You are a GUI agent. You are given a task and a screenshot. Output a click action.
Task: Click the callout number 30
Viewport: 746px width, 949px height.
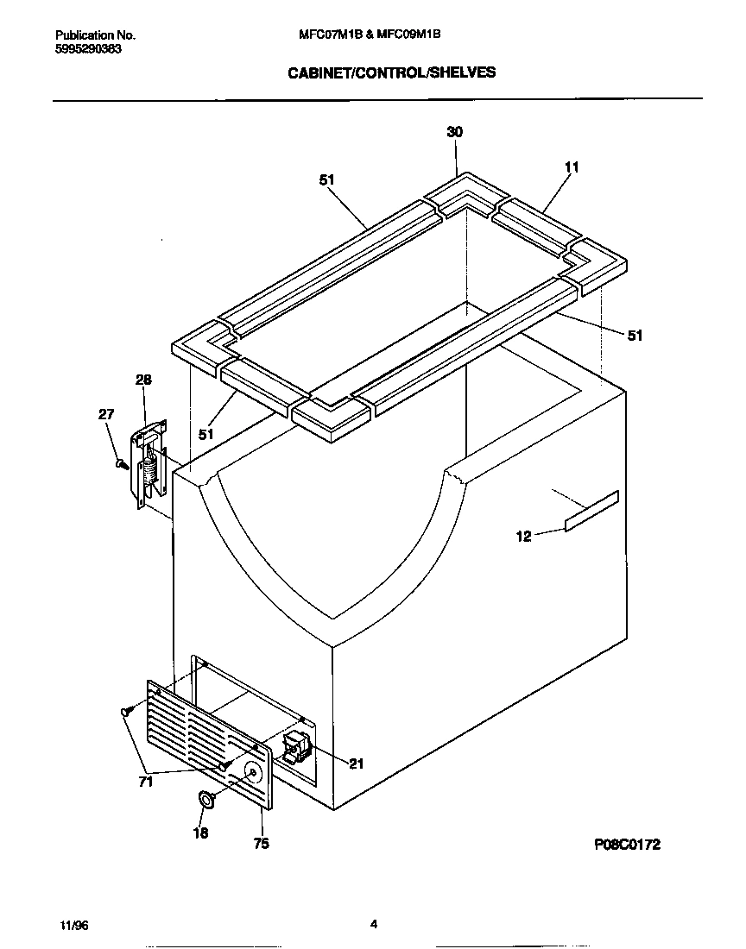click(454, 132)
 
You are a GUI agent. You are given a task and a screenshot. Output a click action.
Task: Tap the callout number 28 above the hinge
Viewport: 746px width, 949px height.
click(143, 380)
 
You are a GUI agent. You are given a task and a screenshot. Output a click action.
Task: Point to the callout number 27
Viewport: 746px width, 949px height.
click(106, 414)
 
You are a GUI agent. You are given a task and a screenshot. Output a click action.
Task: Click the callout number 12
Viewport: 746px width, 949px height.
click(523, 537)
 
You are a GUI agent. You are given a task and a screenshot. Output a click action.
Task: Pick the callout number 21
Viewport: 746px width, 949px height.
click(357, 763)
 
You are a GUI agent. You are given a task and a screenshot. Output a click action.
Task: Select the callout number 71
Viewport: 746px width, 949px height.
click(145, 782)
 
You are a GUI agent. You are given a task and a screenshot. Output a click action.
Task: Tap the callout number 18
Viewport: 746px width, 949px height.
click(200, 833)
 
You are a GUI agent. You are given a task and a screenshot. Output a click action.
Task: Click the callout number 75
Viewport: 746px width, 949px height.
click(261, 844)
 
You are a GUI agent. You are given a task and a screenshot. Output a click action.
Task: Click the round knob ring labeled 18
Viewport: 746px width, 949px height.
click(207, 799)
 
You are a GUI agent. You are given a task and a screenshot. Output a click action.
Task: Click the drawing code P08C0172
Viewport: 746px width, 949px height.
click(627, 845)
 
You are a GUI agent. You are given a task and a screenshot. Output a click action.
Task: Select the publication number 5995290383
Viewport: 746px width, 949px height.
click(88, 49)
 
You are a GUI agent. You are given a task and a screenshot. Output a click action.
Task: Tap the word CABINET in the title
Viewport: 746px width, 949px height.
click(316, 73)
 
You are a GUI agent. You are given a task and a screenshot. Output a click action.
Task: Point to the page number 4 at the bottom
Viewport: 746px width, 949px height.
click(374, 924)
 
